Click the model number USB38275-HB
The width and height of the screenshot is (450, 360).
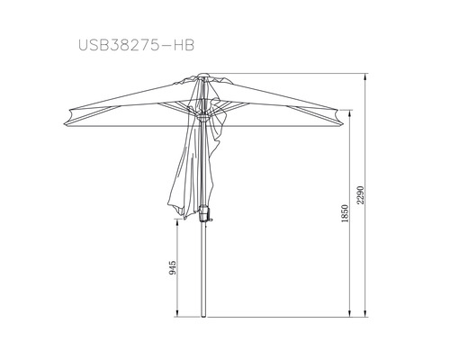[137, 45]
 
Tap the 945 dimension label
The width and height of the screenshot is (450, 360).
[173, 268]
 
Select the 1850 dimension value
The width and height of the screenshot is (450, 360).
[346, 213]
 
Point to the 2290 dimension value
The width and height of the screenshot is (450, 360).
[360, 195]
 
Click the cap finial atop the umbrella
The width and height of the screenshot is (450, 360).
[203, 75]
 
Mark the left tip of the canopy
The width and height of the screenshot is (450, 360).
[64, 124]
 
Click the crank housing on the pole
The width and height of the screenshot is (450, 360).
[203, 212]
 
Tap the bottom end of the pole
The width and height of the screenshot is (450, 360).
[203, 316]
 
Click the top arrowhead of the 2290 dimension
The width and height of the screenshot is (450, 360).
[365, 76]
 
